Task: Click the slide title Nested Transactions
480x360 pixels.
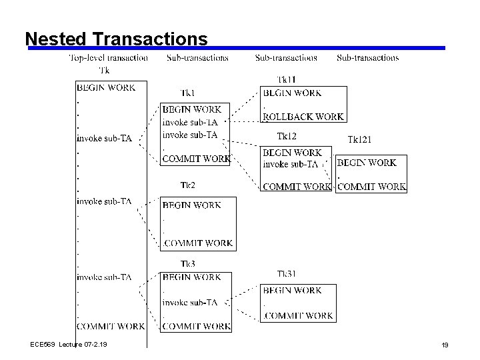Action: (116, 39)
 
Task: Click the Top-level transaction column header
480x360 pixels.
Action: (109, 58)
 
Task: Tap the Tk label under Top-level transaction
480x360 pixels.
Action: (105, 70)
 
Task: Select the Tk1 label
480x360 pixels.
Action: (189, 93)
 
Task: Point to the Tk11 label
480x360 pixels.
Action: (287, 80)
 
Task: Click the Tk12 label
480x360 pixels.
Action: (286, 137)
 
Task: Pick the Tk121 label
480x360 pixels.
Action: (360, 139)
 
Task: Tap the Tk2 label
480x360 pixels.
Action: (188, 185)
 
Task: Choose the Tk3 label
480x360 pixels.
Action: (188, 264)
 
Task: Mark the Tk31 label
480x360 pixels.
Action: (287, 274)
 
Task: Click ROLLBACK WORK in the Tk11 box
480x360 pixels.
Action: (304, 117)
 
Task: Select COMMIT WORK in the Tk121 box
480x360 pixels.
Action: (371, 187)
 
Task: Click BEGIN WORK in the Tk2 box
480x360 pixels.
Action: (191, 206)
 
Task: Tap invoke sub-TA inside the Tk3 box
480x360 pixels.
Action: (190, 302)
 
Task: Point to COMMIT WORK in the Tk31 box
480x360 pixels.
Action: (299, 315)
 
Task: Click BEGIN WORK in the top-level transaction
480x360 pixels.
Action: (106, 87)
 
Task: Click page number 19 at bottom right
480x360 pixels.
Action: (445, 345)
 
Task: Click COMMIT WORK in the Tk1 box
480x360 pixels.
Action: (197, 159)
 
